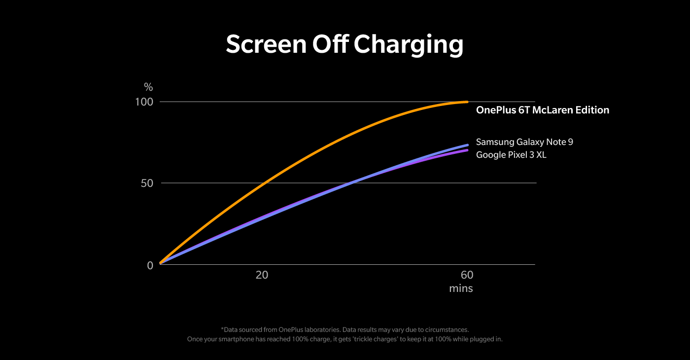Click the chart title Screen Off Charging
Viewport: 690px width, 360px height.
[x=345, y=45]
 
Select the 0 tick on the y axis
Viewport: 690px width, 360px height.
[x=150, y=265]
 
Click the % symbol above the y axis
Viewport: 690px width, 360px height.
[x=148, y=88]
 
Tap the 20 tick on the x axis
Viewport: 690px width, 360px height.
[x=262, y=275]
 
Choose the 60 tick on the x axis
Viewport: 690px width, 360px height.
[x=467, y=275]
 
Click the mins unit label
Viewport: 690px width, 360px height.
[x=461, y=288]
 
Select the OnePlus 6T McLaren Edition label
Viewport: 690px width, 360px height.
[x=542, y=110]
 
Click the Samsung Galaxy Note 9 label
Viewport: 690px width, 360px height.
[x=524, y=142]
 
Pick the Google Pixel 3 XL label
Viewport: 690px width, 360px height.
[x=511, y=155]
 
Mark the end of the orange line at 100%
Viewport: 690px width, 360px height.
[x=466, y=102]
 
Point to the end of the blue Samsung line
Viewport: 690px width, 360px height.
[x=467, y=145]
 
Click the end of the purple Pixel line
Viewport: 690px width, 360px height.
[x=467, y=150]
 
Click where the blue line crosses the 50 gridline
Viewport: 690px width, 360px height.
[x=348, y=183]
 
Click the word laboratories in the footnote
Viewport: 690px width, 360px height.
[x=323, y=329]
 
